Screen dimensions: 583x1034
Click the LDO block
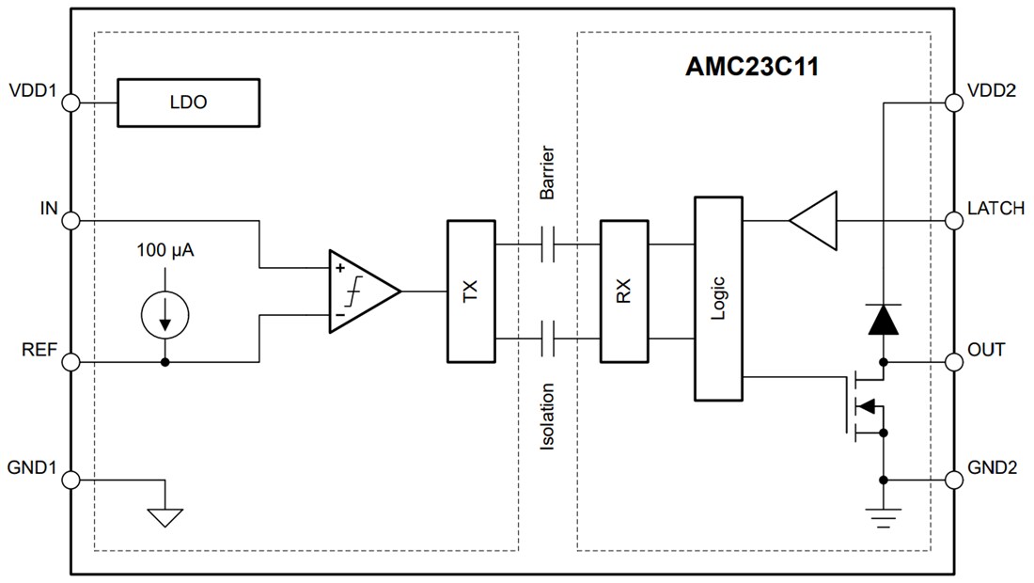point(188,103)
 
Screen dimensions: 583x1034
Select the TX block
point(470,291)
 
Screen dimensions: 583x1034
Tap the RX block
point(624,291)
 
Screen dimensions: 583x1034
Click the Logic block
point(718,298)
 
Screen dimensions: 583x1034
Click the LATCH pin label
point(995,209)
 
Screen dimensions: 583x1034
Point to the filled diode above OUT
point(884,320)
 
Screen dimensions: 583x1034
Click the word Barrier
point(548,172)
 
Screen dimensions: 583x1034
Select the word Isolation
point(548,416)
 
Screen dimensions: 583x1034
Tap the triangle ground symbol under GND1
point(165,516)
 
